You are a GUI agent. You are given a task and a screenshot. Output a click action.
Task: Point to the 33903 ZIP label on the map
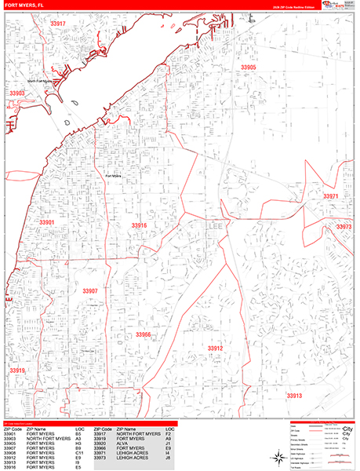pos(17,93)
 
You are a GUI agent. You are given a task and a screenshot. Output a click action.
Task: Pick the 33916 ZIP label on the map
pos(139,225)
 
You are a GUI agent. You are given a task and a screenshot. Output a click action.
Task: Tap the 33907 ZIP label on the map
pos(89,290)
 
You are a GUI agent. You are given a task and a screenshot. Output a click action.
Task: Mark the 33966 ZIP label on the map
pos(143,334)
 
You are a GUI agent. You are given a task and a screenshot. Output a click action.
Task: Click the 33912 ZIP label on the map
pos(216,348)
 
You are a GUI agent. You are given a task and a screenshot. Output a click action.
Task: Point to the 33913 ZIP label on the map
pos(293,396)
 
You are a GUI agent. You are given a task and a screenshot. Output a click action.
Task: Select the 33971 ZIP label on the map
pos(332,196)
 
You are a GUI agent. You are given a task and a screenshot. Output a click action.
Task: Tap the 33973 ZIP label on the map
pos(344,226)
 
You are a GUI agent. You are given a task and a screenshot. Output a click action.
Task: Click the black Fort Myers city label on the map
pos(111,177)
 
